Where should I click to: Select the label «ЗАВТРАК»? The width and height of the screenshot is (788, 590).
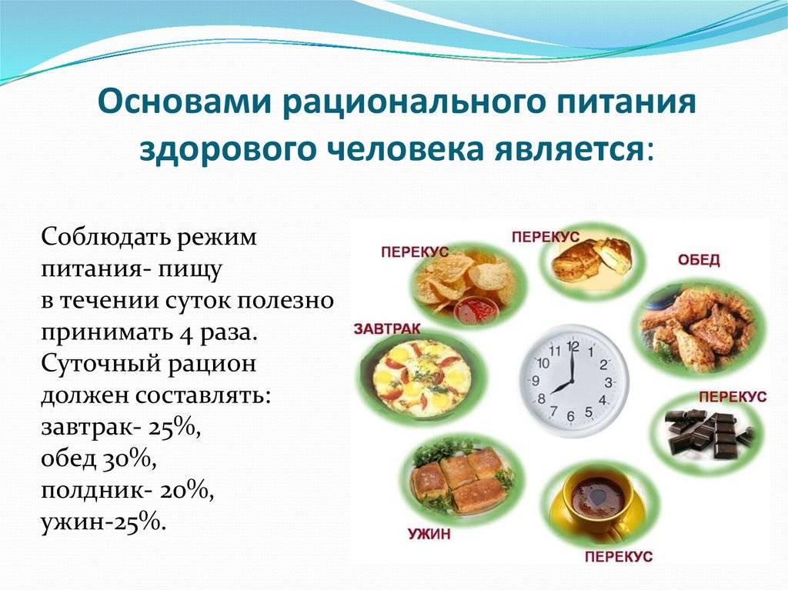point(387,328)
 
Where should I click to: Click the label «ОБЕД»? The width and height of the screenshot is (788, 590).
point(699,260)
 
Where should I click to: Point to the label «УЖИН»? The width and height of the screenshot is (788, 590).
point(429,534)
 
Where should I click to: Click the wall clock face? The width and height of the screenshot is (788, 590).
point(573,381)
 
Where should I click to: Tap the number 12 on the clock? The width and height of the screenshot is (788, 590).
point(573,346)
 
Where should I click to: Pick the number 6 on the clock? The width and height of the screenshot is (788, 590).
point(570,416)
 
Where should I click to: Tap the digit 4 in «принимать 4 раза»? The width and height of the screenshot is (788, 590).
point(186,335)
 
